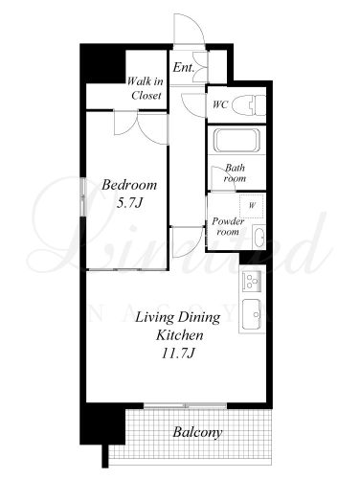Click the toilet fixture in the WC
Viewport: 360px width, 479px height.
[x=249, y=104]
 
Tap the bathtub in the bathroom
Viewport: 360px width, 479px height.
[x=236, y=141]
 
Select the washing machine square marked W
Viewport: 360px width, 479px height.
[x=252, y=206]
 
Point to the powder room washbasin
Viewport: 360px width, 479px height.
[x=259, y=237]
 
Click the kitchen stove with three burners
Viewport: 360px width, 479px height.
[x=252, y=282]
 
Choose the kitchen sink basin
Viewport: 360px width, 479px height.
[x=252, y=314]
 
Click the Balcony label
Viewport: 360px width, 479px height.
[x=197, y=432]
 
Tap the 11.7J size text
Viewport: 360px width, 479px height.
[x=178, y=354]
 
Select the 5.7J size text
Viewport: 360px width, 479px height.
[x=129, y=203]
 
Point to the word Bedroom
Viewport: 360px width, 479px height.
[x=129, y=185]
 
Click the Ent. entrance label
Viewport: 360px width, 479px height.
[x=184, y=67]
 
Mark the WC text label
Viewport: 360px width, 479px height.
[x=220, y=104]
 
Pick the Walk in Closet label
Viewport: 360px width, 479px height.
[x=146, y=88]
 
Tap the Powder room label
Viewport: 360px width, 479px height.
[x=228, y=226]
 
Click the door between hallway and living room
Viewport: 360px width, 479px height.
[x=188, y=242]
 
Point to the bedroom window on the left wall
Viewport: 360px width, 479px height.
[x=83, y=196]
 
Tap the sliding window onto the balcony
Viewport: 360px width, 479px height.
[x=185, y=405]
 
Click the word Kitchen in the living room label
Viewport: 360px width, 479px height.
[x=179, y=335]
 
